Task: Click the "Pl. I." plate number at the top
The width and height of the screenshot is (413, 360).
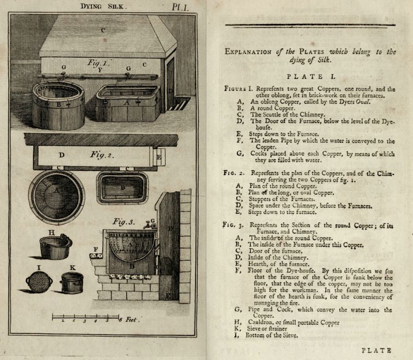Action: tap(183, 6)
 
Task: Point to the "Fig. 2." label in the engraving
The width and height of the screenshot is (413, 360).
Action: tap(102, 155)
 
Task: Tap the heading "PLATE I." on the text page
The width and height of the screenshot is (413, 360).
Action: tap(310, 77)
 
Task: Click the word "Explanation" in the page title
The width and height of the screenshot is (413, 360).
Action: tap(250, 51)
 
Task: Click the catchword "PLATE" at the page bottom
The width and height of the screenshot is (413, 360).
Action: tap(377, 351)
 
